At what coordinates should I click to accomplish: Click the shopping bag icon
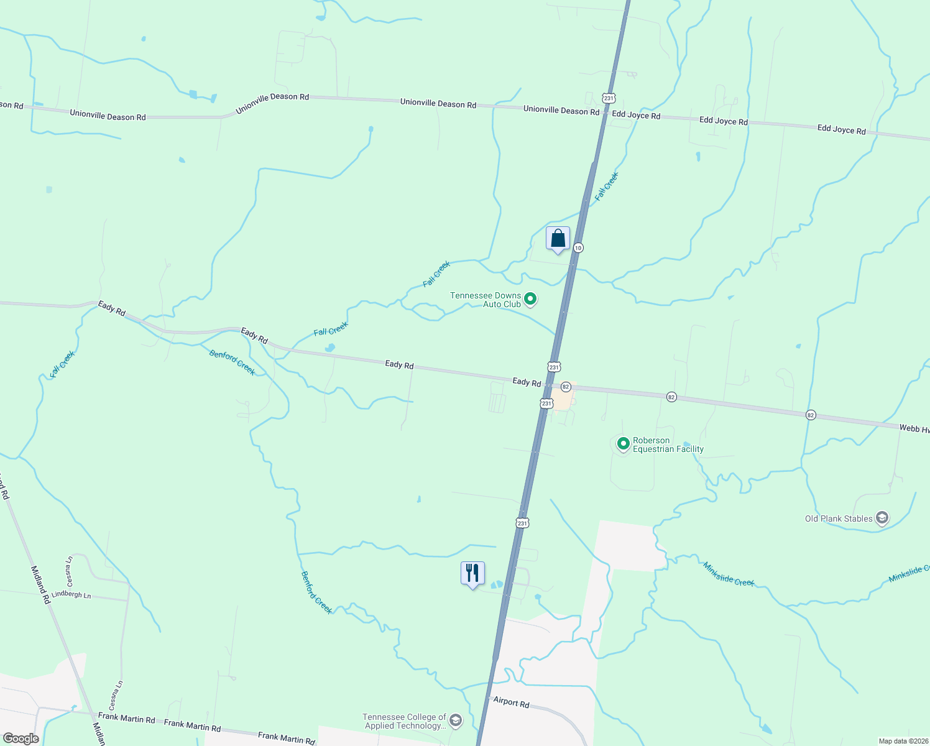(558, 239)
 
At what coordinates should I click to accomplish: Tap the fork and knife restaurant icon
(472, 573)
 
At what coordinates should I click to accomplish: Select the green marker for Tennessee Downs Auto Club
(530, 300)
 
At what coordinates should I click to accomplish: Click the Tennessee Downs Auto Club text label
(486, 300)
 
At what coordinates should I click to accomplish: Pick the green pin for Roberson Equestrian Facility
(624, 444)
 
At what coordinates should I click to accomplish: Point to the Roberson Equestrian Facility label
(668, 444)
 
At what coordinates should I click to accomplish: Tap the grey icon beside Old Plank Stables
(882, 518)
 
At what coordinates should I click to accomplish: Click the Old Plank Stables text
(839, 518)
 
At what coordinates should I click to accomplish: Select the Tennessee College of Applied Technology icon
(456, 721)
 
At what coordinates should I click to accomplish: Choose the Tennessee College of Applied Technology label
(405, 721)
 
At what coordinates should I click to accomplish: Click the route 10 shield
(578, 247)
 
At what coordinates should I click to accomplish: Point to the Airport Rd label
(511, 702)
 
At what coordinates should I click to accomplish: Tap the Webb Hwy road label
(914, 428)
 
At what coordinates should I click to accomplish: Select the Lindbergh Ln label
(71, 595)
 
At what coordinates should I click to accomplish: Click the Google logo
(21, 739)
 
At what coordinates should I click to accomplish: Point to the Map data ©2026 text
(903, 741)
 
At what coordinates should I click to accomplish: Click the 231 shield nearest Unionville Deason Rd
(609, 98)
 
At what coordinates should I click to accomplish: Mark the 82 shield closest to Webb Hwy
(810, 415)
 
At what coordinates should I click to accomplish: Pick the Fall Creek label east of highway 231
(607, 186)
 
